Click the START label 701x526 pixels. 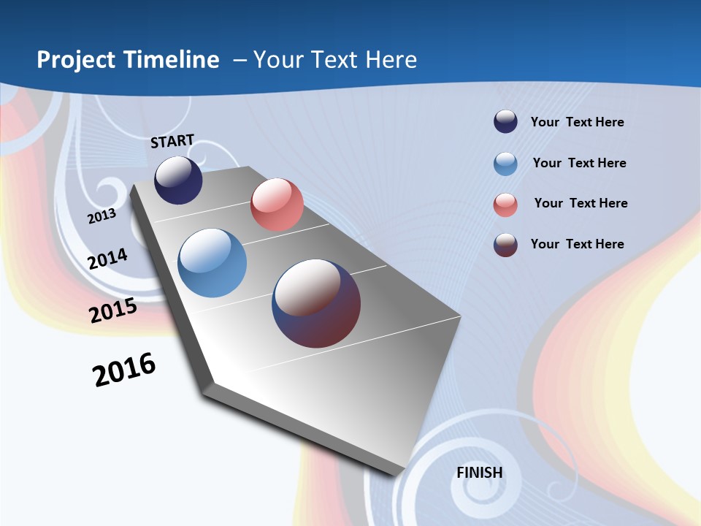tap(172, 141)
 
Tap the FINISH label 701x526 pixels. tap(479, 473)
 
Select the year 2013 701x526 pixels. tap(101, 216)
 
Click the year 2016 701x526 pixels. tap(124, 370)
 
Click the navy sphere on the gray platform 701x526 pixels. tap(178, 180)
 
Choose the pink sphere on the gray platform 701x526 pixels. tap(277, 205)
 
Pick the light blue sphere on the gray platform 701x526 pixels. tap(212, 263)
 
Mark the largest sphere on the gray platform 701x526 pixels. tap(316, 303)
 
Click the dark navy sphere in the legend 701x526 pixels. tap(505, 122)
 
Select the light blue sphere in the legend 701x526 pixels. tap(505, 164)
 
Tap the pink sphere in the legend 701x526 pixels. tap(505, 205)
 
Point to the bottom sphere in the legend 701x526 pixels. tap(505, 245)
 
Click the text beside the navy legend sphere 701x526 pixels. tap(577, 122)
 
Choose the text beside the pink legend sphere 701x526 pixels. tap(581, 203)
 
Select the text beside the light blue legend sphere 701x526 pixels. tap(579, 163)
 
